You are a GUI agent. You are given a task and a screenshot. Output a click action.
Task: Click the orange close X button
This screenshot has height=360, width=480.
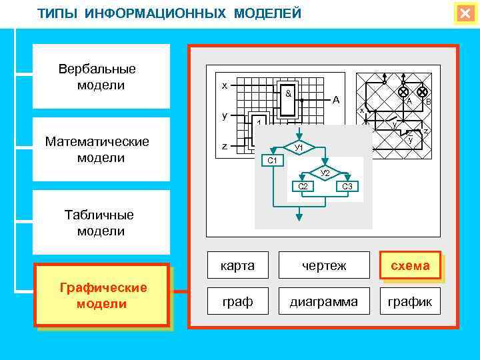point(465,14)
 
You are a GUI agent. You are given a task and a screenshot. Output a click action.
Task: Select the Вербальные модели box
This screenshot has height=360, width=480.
point(101,77)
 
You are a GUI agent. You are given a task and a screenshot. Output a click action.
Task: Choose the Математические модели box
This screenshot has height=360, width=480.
point(101,149)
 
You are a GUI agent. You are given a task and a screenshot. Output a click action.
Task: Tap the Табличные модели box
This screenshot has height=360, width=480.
point(101,223)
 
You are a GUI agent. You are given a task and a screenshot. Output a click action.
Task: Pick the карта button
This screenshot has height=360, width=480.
point(238,266)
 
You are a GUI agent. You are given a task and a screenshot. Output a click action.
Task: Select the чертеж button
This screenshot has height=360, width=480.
point(324,266)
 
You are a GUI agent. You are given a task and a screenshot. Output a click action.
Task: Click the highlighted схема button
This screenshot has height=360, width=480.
point(410,265)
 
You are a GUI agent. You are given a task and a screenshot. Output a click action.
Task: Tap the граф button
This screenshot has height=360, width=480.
point(238,302)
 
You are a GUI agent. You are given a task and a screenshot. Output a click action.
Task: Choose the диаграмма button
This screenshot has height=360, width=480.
point(324,302)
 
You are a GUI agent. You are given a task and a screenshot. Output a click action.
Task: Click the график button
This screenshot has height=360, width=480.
point(410,302)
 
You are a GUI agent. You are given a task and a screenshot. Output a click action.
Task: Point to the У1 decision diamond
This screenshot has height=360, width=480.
point(299,147)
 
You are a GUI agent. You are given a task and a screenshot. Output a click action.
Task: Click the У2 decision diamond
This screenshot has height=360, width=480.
point(325,173)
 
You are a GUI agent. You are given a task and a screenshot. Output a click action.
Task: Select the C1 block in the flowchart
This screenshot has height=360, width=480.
point(272,161)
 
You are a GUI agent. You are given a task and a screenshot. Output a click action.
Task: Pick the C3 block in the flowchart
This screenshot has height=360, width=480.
point(347,186)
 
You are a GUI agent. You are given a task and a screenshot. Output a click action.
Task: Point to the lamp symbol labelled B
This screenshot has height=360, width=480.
point(422,91)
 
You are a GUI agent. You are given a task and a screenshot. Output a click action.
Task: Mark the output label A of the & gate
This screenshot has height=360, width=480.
point(337,100)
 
